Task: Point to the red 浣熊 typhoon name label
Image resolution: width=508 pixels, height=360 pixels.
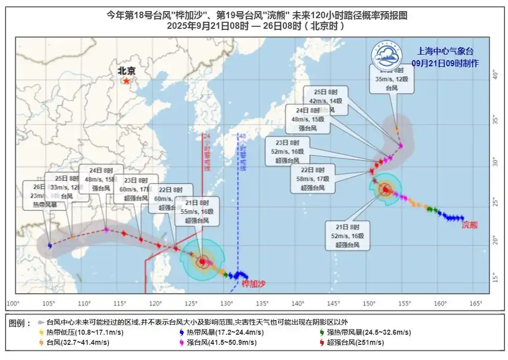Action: click(x=470, y=225)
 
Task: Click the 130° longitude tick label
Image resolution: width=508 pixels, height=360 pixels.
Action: click(x=227, y=303)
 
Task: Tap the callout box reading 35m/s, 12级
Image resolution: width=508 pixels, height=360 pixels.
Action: click(x=392, y=79)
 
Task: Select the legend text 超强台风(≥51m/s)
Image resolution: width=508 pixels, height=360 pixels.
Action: click(x=355, y=342)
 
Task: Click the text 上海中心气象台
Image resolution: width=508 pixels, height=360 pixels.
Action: click(x=445, y=51)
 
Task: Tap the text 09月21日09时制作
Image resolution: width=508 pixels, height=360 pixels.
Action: click(x=445, y=63)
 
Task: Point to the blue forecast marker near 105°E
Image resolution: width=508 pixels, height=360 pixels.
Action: click(x=50, y=245)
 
